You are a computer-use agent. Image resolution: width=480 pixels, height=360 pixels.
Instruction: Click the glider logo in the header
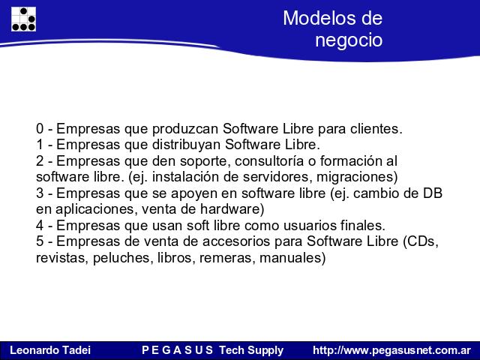[x=23, y=19]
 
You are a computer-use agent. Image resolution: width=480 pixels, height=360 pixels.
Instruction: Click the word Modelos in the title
[x=317, y=18]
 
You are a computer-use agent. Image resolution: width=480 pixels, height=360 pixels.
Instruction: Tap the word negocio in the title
[x=349, y=40]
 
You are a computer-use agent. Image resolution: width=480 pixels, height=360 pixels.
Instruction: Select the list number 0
[x=40, y=128]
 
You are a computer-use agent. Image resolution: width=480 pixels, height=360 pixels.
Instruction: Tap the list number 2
[x=40, y=161]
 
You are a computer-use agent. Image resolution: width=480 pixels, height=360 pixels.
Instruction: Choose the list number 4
[x=40, y=226]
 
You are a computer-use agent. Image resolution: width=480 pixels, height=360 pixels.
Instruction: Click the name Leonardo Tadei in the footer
[x=50, y=350]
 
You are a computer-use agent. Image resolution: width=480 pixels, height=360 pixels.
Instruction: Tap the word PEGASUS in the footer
[x=177, y=350]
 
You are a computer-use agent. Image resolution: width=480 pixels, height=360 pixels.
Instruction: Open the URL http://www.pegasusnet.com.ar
[x=391, y=350]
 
